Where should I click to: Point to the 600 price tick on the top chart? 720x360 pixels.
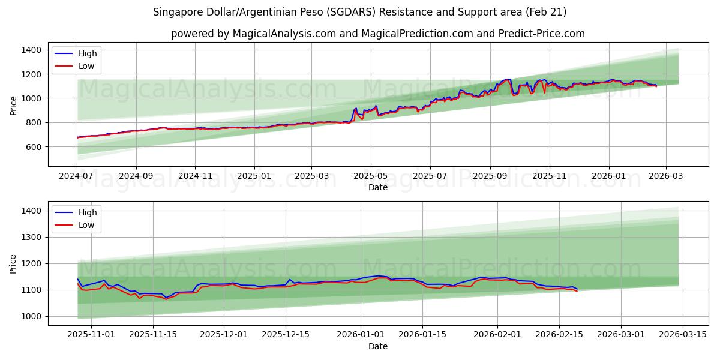tap(34, 147)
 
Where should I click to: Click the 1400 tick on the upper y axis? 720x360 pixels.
tap(31, 50)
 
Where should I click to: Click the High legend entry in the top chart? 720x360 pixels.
tap(88, 54)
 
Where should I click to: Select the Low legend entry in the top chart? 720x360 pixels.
tap(86, 66)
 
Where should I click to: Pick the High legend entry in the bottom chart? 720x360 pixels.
tap(88, 212)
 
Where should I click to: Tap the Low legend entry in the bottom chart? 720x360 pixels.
tap(86, 225)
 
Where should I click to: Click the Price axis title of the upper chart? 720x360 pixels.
tap(14, 104)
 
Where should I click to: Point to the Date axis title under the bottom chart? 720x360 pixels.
tap(378, 346)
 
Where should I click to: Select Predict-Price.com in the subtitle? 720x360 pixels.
tap(541, 34)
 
